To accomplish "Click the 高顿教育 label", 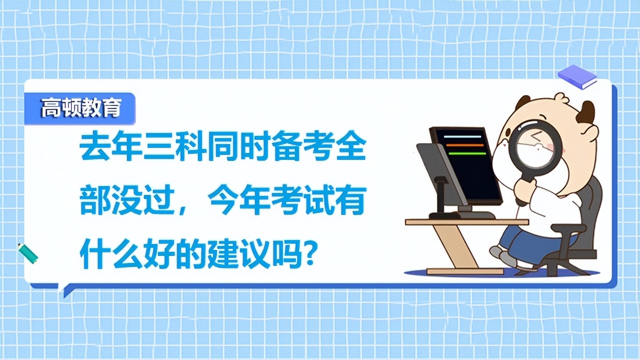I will [x=80, y=108].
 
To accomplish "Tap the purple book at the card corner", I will [x=577, y=77].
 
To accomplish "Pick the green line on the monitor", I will [x=466, y=153].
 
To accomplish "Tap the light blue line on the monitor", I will [x=463, y=136].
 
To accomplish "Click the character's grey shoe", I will [x=505, y=257].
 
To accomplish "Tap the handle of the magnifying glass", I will [x=523, y=190].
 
